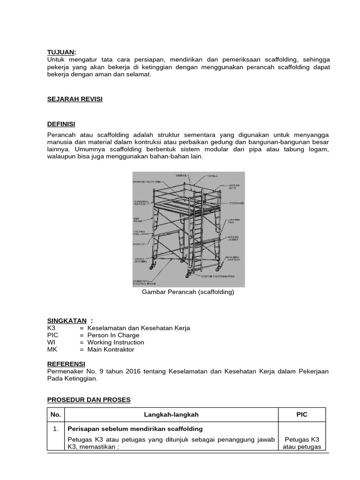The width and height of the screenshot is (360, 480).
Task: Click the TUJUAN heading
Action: coord(61,52)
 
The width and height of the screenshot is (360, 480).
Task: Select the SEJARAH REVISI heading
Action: coord(75,99)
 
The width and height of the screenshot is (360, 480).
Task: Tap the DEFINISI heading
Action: coord(61,124)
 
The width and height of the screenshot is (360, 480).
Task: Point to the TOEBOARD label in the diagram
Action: coord(236,203)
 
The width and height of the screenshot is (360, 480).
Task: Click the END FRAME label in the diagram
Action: coord(138,220)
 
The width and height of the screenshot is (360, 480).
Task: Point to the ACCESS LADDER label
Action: coord(233,239)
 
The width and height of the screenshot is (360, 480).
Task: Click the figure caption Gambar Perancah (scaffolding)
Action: coord(188,292)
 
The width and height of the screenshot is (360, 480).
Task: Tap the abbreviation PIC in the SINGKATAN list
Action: coord(53,335)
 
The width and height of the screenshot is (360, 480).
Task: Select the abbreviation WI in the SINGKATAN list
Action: coord(51,342)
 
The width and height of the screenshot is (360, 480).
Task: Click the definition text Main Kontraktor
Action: coord(111,349)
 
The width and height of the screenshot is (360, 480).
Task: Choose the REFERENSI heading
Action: coord(67,364)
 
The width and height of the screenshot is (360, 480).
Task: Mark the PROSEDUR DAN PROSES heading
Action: coord(89,400)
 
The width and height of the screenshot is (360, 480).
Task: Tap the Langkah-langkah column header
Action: coord(172,415)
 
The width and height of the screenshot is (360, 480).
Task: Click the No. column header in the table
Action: coord(56,415)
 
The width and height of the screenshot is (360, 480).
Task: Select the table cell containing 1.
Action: coord(56,429)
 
